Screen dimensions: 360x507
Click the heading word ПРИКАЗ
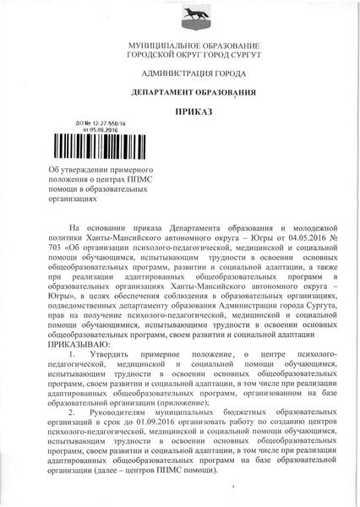click(x=180, y=112)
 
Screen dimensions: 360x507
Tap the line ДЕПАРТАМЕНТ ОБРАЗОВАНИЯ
click(x=180, y=93)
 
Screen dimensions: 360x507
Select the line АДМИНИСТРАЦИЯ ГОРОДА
click(x=179, y=75)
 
